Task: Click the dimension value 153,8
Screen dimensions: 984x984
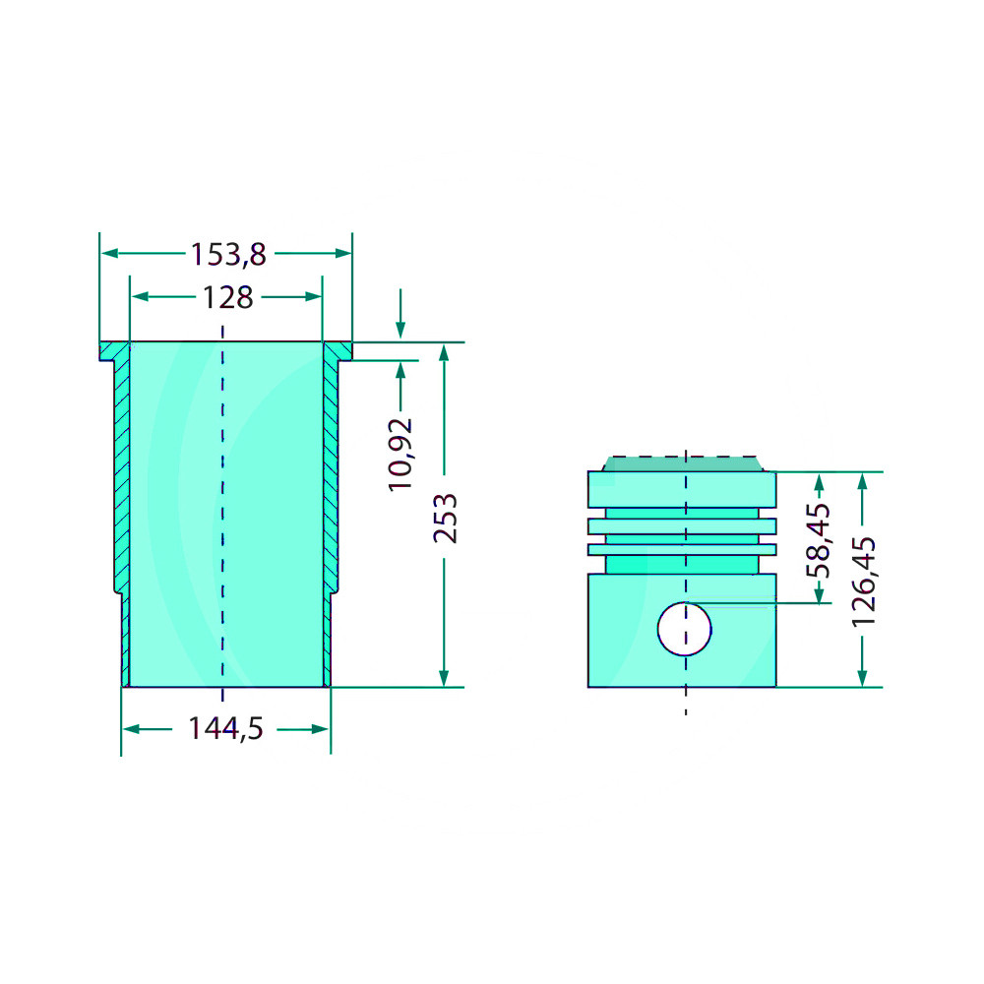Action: pyautogui.click(x=228, y=255)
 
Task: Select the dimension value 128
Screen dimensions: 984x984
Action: pyautogui.click(x=228, y=297)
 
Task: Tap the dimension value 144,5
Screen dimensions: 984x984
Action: pyautogui.click(x=225, y=728)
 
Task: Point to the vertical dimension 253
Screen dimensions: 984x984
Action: pyautogui.click(x=445, y=518)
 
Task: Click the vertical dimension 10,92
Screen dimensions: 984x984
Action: pyautogui.click(x=400, y=455)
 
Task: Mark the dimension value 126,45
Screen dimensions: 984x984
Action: pyautogui.click(x=863, y=582)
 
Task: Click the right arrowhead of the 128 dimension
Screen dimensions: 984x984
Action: pyautogui.click(x=313, y=297)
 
